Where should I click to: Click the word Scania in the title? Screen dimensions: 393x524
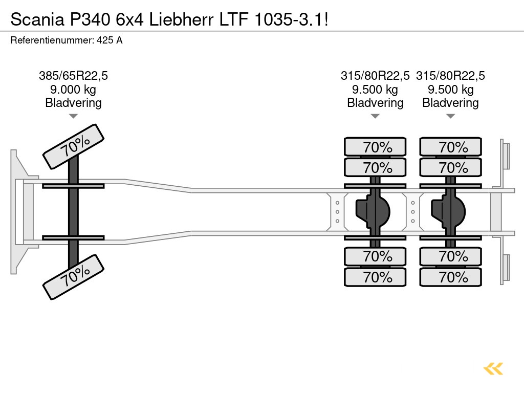click(35, 19)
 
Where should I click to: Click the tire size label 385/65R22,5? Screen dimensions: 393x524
click(73, 76)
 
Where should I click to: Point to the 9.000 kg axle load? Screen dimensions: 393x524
click(73, 90)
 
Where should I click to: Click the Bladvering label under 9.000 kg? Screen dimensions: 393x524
click(73, 103)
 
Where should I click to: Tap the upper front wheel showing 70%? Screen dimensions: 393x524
click(73, 146)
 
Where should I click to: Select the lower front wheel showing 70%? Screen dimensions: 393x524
click(73, 277)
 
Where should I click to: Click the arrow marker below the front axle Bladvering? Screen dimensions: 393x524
click(73, 116)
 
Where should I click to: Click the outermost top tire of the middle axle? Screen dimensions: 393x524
click(375, 147)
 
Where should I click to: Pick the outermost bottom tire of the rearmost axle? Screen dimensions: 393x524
click(451, 277)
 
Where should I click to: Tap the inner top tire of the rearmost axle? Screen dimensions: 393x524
click(451, 167)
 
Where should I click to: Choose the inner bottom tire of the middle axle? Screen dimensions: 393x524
click(375, 256)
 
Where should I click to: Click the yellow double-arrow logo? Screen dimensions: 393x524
click(493, 368)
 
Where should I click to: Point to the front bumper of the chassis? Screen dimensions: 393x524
click(18, 212)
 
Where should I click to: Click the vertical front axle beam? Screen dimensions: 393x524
click(73, 212)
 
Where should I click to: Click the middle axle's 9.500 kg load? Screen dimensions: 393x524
click(375, 90)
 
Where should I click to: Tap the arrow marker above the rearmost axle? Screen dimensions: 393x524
click(451, 116)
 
